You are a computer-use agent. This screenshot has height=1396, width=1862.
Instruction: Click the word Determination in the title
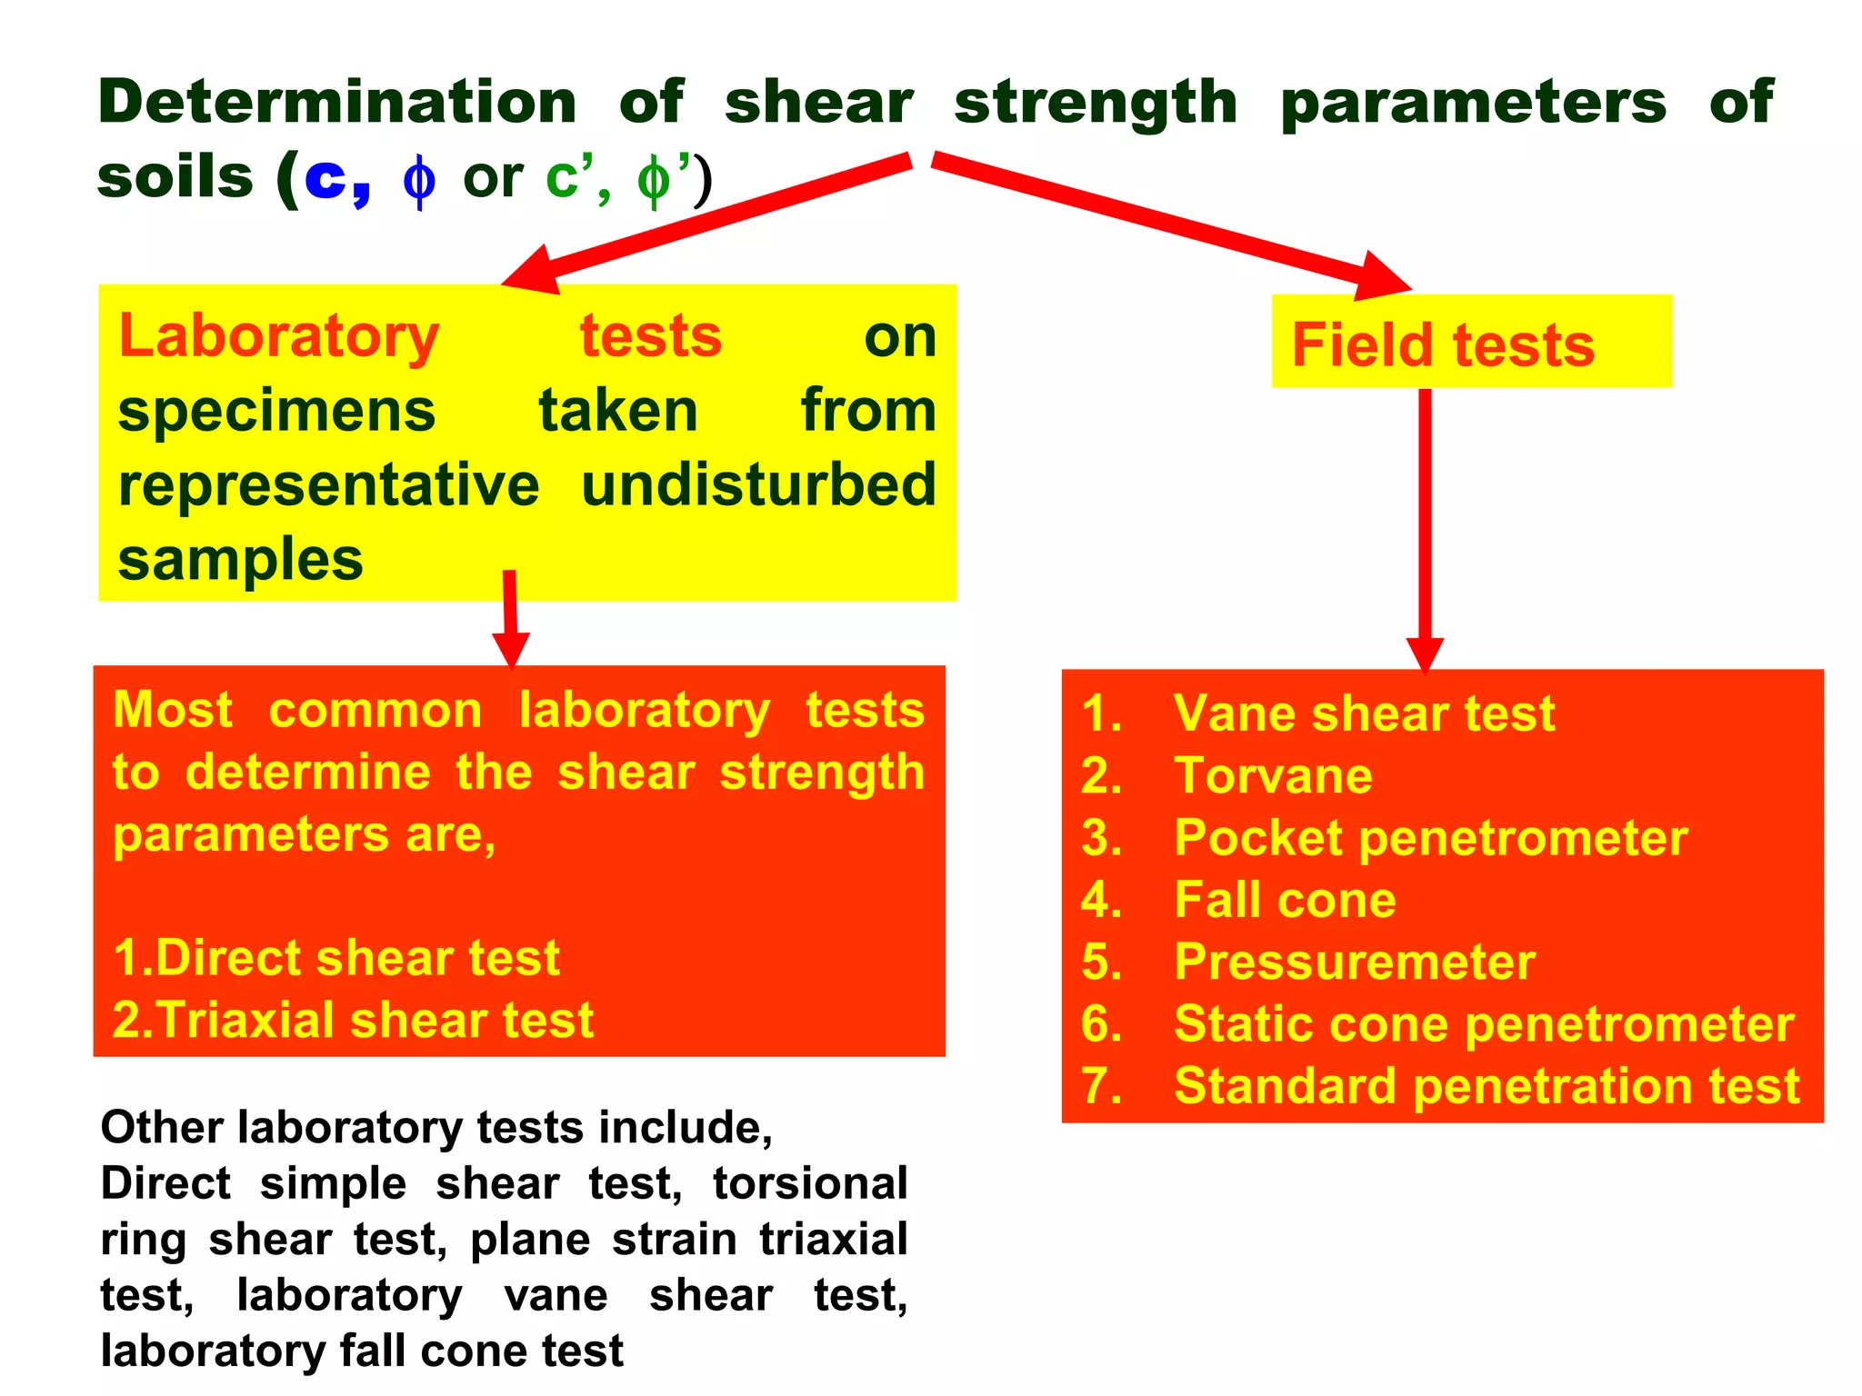coord(337,102)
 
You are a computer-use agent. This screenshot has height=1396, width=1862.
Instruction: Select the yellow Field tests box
coord(1470,342)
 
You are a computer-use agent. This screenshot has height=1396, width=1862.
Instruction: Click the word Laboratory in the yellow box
coord(279,336)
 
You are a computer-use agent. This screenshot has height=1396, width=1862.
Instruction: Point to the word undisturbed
coord(758,484)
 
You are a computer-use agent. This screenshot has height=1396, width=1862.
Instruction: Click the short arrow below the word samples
coord(511,618)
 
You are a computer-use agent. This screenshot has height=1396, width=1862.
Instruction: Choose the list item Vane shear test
coord(1363,713)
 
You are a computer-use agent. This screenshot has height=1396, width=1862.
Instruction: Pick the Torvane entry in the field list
coord(1272,776)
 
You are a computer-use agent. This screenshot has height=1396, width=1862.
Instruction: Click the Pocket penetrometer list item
coord(1429,838)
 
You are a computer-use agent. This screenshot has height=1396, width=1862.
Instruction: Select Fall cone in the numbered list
coord(1284,900)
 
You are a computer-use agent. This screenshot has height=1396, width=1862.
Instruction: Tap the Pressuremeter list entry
coord(1354,962)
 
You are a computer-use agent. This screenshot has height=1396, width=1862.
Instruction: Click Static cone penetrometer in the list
coord(1483,1024)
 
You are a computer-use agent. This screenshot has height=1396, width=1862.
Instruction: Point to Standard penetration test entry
coord(1486,1086)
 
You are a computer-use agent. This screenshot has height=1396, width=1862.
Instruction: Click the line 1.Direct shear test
coord(336,958)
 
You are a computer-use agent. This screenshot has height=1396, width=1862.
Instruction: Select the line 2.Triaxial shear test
coord(353,1020)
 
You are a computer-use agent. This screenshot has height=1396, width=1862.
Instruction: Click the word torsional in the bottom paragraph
coord(810,1183)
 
